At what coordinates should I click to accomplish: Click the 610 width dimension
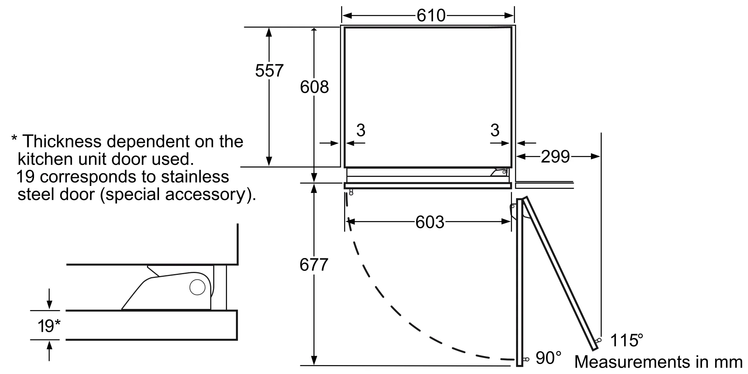pos(431,16)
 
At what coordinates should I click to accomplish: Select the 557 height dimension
pos(269,71)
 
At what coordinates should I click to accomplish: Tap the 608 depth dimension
pos(314,87)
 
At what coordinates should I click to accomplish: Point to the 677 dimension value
pos(313,265)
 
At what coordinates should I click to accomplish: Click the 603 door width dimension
pos(430,223)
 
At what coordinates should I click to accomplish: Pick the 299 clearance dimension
pos(555,157)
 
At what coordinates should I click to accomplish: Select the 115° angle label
pos(626,341)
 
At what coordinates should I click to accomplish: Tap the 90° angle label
pos(548,358)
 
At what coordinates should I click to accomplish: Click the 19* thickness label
pos(49,326)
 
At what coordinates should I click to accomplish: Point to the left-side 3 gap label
pos(361,130)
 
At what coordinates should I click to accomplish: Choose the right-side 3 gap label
pos(495,130)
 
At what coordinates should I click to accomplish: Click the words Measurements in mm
pos(658,362)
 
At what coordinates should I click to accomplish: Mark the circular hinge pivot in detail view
pos(197,287)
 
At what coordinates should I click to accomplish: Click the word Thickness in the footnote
pos(62,142)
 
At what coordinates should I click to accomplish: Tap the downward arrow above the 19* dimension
pos(49,300)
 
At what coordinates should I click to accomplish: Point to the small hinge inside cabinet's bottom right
pos(499,172)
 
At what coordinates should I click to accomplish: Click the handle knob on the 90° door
pos(526,359)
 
